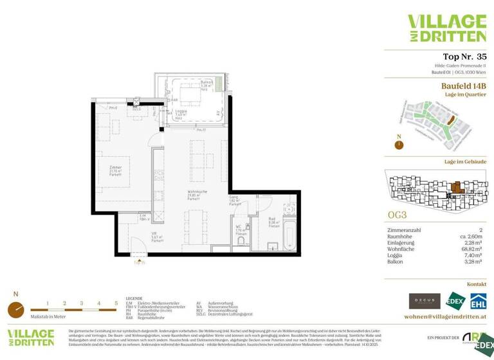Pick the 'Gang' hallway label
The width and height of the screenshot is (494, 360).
tap(234, 199)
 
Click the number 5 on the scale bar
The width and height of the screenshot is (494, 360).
tap(116, 303)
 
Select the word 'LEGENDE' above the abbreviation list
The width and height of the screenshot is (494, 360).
tap(134, 299)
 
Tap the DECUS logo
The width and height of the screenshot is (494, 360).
tap(425, 301)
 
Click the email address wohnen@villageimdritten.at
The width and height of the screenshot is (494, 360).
tap(444, 317)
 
